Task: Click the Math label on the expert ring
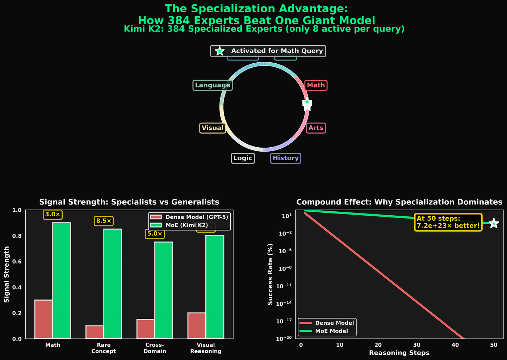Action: pos(316,85)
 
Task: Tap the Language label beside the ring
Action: pos(213,85)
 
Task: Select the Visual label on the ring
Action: pos(213,128)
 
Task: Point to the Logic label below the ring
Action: pos(243,158)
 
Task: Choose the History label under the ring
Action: pos(286,158)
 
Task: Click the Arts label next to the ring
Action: pos(316,128)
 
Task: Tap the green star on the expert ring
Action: pos(307,102)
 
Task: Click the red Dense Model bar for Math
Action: pos(43,319)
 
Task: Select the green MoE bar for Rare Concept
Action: pos(113,284)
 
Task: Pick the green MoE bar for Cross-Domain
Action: pos(164,290)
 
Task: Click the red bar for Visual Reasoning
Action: pos(197,326)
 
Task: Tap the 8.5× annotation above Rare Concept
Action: pos(104,221)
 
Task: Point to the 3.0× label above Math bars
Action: pos(53,215)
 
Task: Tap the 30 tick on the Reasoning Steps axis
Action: pos(416,345)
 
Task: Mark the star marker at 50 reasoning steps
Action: pos(494,224)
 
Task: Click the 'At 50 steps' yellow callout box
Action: pos(448,222)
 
